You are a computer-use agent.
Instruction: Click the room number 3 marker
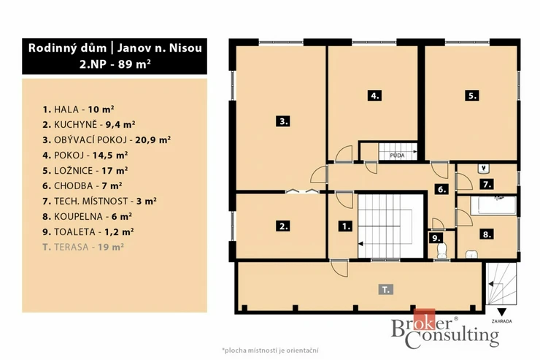pyautogui.click(x=283, y=121)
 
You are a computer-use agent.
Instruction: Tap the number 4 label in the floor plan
pyautogui.click(x=374, y=96)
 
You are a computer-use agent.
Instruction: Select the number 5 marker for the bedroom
pyautogui.click(x=472, y=96)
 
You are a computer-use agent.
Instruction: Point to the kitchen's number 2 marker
pyautogui.click(x=283, y=226)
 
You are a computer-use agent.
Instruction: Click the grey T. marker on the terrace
pyautogui.click(x=386, y=289)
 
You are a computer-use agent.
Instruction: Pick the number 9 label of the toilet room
pyautogui.click(x=436, y=238)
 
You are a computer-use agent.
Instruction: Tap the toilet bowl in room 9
pyautogui.click(x=441, y=250)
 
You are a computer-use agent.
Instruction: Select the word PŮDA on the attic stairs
pyautogui.click(x=397, y=156)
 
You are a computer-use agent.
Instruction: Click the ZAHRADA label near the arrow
pyautogui.click(x=502, y=321)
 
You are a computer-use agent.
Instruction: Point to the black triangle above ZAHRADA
pyautogui.click(x=502, y=312)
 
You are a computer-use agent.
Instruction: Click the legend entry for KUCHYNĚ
pyautogui.click(x=89, y=124)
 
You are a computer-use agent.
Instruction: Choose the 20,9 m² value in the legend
pyautogui.click(x=153, y=140)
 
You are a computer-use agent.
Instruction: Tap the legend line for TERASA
pyautogui.click(x=83, y=247)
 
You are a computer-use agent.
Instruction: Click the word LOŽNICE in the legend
pyautogui.click(x=74, y=171)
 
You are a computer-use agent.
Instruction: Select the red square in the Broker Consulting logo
pyautogui.click(x=424, y=319)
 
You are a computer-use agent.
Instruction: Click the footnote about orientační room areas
pyautogui.click(x=270, y=351)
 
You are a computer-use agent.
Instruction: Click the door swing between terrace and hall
pyautogui.click(x=340, y=269)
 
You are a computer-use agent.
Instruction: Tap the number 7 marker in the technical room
pyautogui.click(x=487, y=185)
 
